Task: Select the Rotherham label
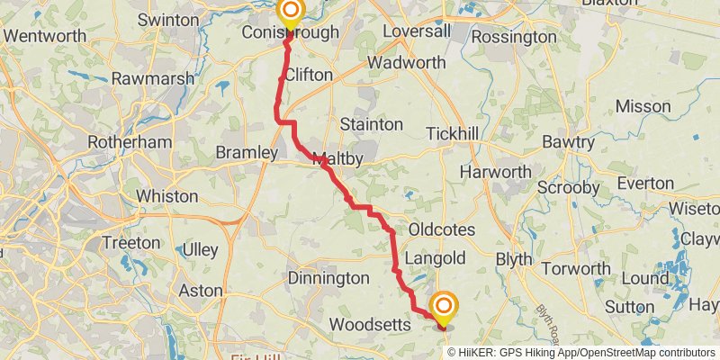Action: click(130, 142)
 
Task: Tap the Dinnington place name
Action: click(328, 278)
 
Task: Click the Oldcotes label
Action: click(441, 229)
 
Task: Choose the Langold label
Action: click(435, 258)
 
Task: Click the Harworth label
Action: click(495, 172)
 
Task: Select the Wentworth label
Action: click(45, 37)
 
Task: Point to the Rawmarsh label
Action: click(153, 78)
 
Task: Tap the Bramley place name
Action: click(247, 154)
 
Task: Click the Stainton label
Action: click(371, 123)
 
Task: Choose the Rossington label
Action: click(514, 37)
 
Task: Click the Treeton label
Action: click(130, 243)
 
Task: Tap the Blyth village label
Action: click(513, 258)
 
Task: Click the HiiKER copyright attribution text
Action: click(580, 353)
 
